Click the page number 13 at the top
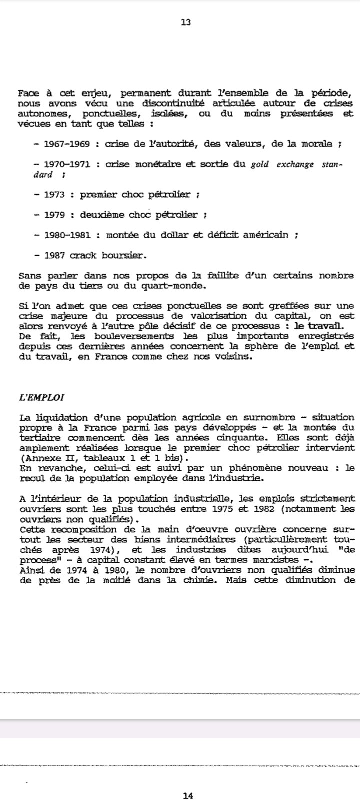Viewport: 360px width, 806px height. click(186, 22)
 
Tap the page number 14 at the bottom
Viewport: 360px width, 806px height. click(188, 795)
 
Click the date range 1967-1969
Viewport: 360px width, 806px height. click(67, 144)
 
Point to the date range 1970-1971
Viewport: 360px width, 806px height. click(67, 164)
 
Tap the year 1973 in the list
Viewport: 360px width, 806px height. click(55, 195)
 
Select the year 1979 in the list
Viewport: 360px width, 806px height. click(55, 215)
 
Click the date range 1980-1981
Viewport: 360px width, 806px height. click(67, 235)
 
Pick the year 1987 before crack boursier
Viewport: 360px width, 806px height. click(55, 256)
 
